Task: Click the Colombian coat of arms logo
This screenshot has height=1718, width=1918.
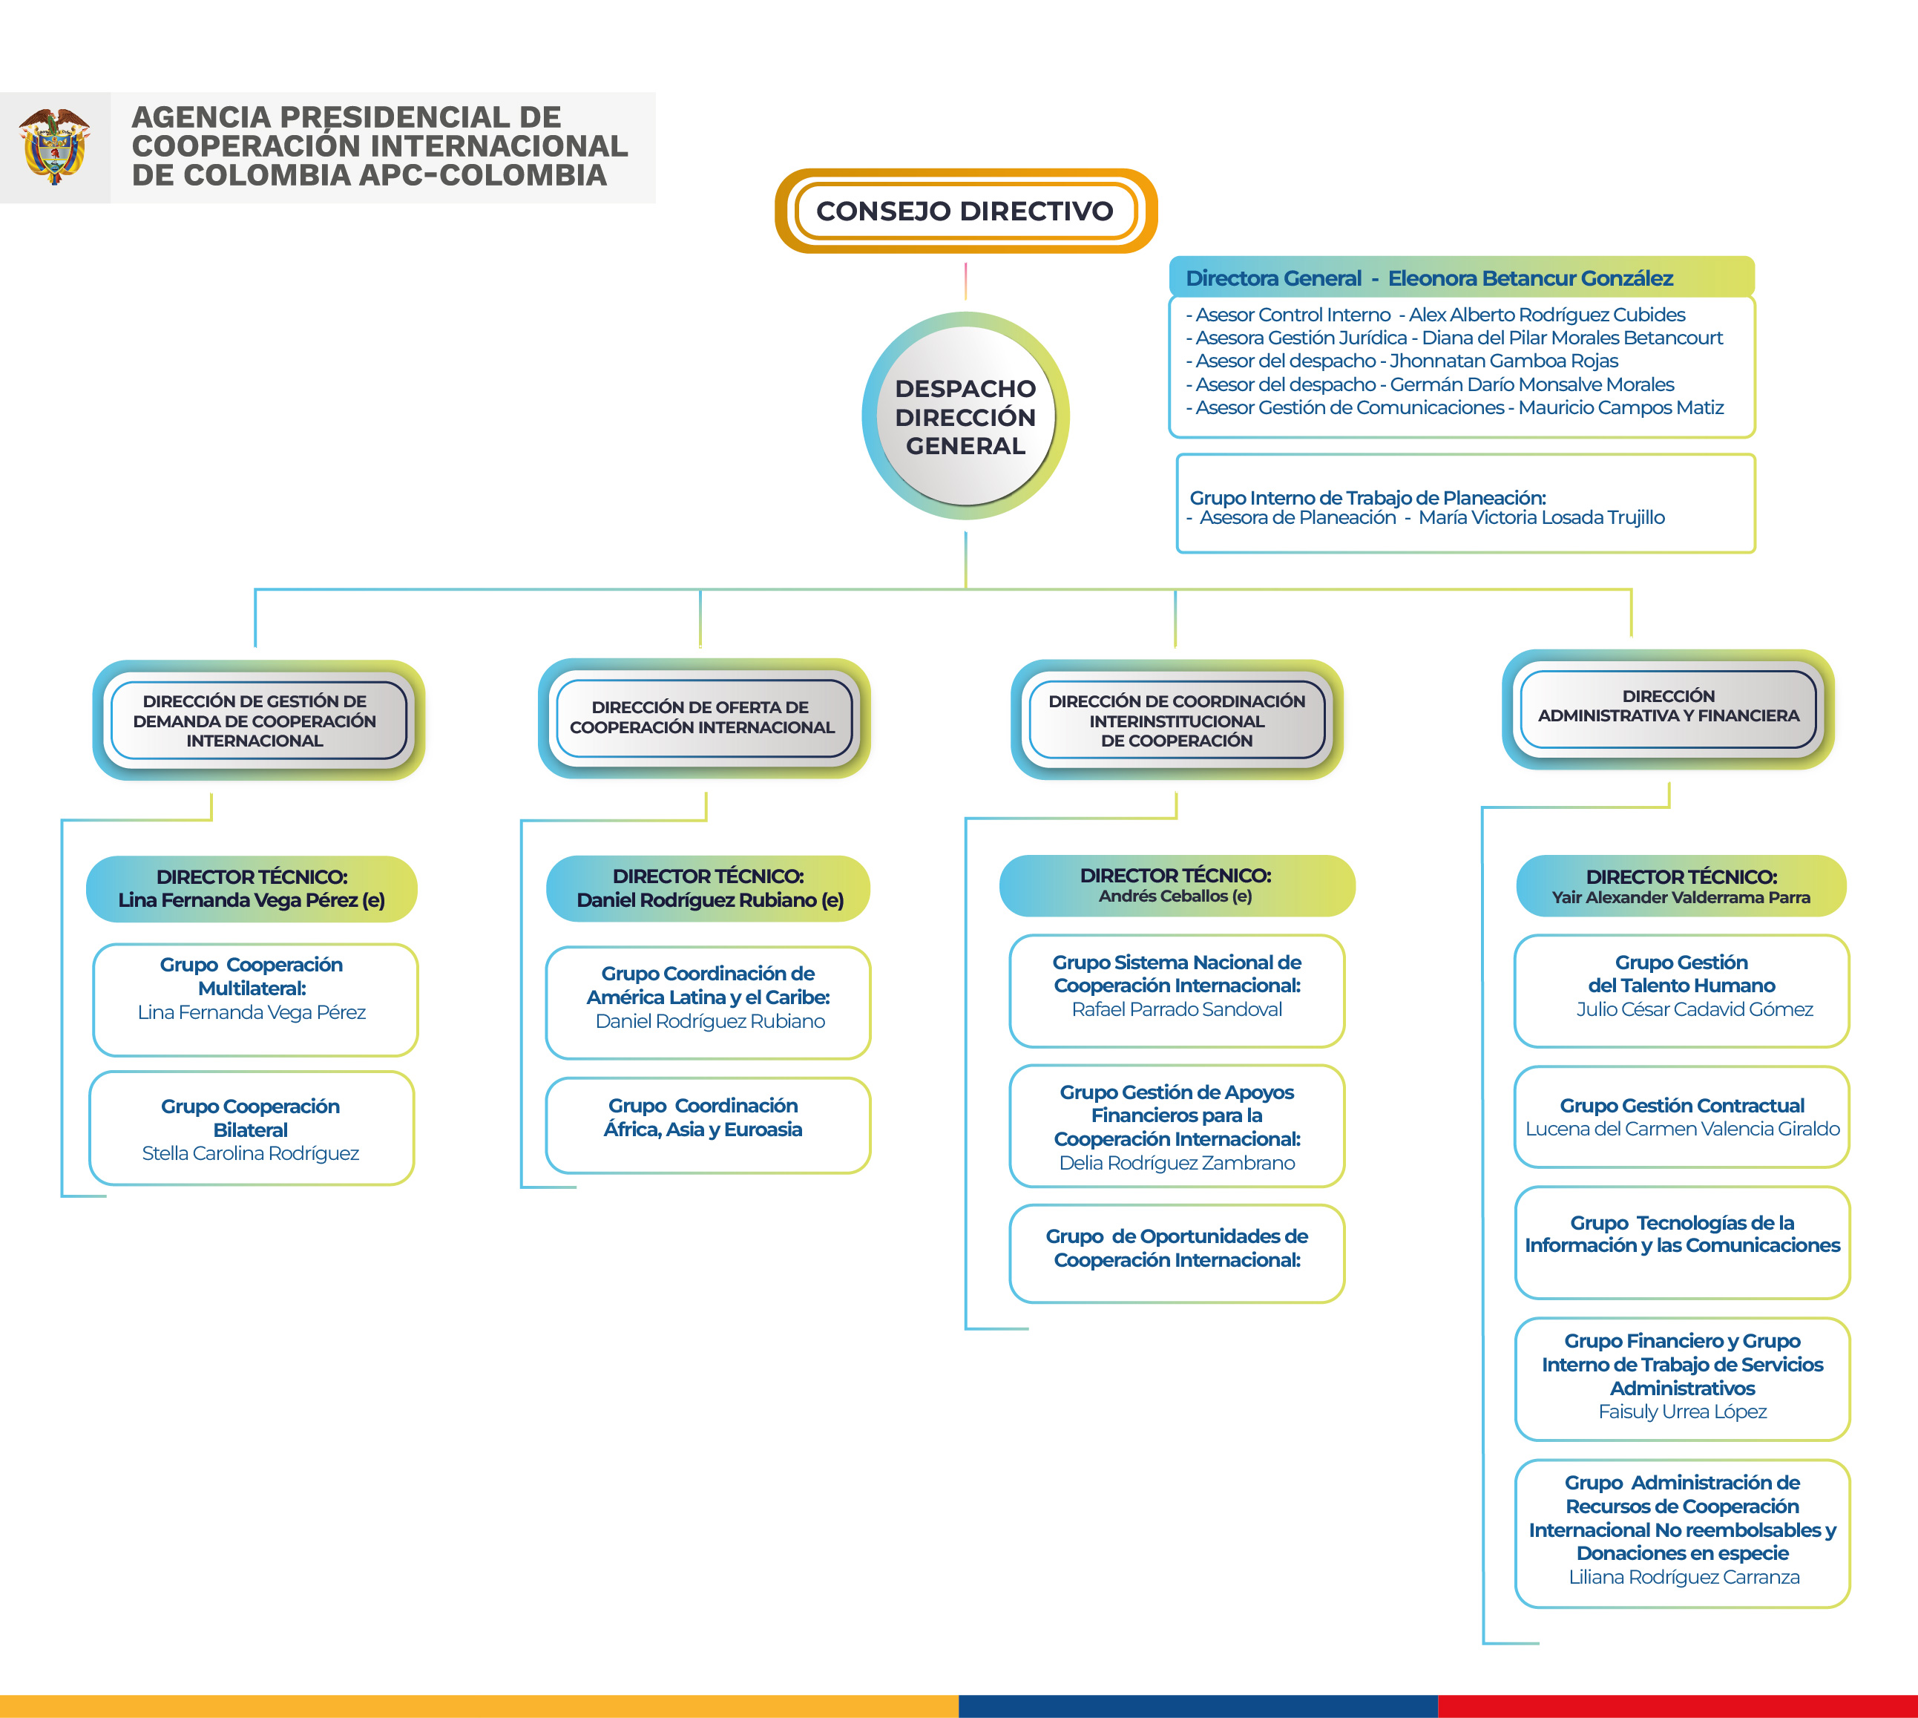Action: (x=55, y=146)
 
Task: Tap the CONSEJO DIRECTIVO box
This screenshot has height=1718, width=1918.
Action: (x=965, y=211)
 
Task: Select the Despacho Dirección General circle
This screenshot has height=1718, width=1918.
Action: (x=965, y=416)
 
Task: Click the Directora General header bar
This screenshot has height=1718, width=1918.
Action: (x=1461, y=278)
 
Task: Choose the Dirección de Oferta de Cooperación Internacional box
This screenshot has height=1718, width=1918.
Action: (x=703, y=718)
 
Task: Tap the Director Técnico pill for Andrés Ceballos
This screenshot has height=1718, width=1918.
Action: (x=1177, y=885)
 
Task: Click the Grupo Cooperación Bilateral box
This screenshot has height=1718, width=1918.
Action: (x=251, y=1128)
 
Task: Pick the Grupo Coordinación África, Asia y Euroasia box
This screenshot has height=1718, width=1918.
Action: (x=708, y=1125)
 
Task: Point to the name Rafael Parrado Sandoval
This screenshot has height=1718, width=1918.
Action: (x=1177, y=1009)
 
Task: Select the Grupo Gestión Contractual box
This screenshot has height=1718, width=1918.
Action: (x=1682, y=1117)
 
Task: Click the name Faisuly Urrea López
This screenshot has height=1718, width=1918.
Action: (x=1682, y=1412)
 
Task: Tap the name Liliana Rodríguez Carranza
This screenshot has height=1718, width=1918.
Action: (x=1684, y=1576)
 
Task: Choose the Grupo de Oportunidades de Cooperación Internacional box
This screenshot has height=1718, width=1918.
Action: (x=1177, y=1253)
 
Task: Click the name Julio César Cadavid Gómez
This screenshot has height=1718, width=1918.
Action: (x=1695, y=1009)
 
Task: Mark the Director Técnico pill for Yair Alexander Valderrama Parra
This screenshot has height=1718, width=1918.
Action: (x=1681, y=885)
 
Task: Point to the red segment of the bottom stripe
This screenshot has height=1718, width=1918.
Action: (x=1678, y=1707)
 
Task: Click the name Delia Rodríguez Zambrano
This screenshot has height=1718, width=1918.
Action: (x=1177, y=1163)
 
